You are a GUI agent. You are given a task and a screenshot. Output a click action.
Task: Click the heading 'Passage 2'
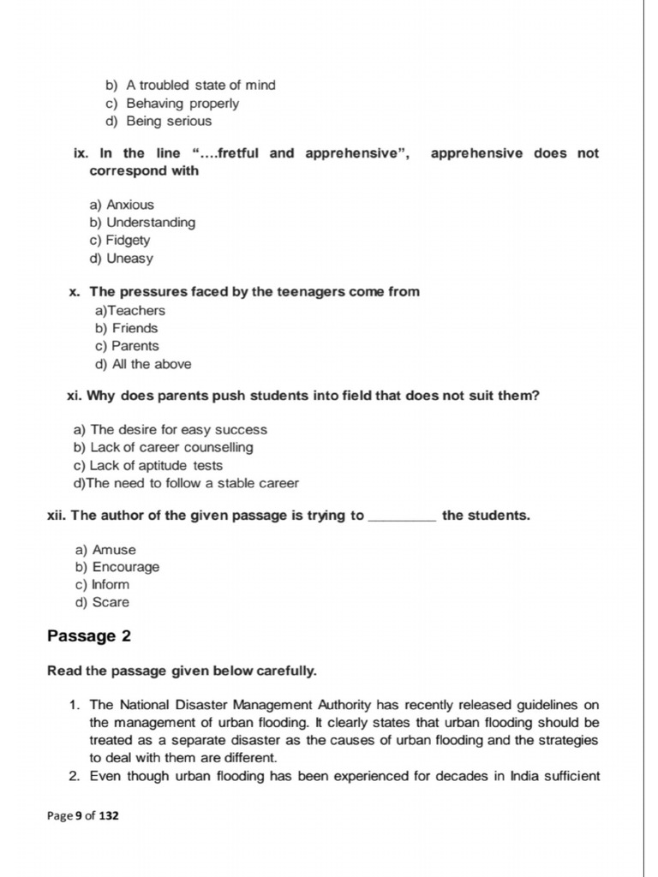pyautogui.click(x=89, y=636)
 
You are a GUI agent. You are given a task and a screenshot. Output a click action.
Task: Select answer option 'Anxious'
pyautogui.click(x=129, y=205)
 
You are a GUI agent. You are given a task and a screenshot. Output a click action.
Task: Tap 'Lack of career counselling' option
pyautogui.click(x=171, y=448)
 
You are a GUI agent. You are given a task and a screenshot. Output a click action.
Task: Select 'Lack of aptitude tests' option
pyautogui.click(x=156, y=466)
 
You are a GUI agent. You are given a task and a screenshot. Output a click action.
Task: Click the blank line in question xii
pyautogui.click(x=401, y=520)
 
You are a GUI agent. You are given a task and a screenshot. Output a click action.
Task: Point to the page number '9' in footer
pyautogui.click(x=79, y=816)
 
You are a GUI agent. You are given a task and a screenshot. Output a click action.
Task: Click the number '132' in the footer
pyautogui.click(x=109, y=816)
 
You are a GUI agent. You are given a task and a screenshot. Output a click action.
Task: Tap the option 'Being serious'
pyautogui.click(x=168, y=121)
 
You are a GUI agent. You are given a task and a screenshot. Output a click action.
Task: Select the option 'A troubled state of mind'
pyautogui.click(x=200, y=86)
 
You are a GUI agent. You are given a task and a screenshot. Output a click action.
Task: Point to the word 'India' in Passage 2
pyautogui.click(x=526, y=777)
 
